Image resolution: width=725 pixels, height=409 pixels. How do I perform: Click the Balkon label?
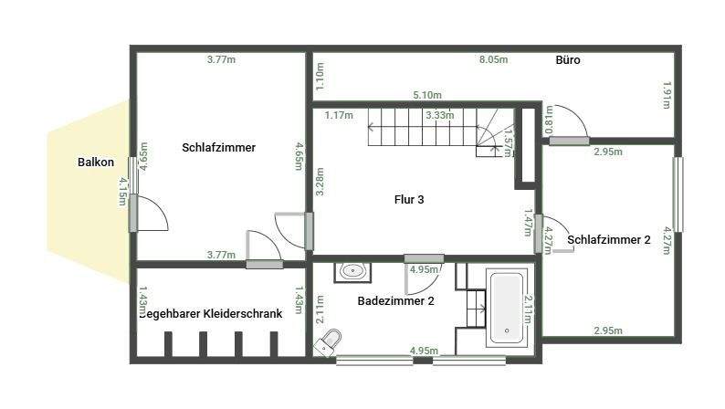[x=96, y=163]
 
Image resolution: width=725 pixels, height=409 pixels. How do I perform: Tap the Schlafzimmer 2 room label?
[x=609, y=240]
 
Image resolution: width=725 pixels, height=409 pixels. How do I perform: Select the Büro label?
[x=568, y=61]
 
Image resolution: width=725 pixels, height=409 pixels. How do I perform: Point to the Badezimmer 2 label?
[x=395, y=300]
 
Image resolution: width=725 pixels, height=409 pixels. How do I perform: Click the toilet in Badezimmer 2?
[x=331, y=341]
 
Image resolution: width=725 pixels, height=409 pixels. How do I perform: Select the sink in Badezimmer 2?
[x=352, y=270]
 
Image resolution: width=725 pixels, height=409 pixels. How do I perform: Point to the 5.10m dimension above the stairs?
[x=426, y=95]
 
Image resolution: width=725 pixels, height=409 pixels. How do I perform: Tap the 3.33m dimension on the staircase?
[x=440, y=116]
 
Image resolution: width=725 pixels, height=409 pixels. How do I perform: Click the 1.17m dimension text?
[x=339, y=115]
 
